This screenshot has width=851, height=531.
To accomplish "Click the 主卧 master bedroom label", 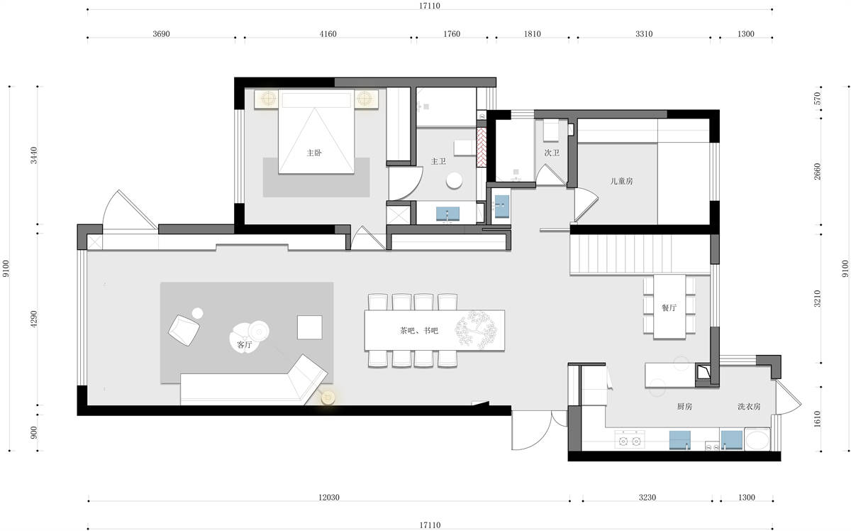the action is tap(314, 153).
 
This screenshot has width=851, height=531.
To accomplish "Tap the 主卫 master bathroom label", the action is tap(438, 161).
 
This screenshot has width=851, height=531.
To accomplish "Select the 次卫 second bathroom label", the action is tap(552, 153).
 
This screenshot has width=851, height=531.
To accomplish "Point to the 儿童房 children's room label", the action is tap(621, 181).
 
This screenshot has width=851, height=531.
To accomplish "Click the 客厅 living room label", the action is tap(244, 345).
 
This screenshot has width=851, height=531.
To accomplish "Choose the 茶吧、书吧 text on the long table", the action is tap(419, 331).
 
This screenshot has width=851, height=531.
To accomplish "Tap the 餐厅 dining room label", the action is tap(669, 307).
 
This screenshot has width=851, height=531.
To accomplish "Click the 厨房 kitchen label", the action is tap(684, 406).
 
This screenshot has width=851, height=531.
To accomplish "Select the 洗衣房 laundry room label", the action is tap(749, 406).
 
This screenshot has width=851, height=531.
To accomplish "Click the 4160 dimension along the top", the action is tap(328, 34).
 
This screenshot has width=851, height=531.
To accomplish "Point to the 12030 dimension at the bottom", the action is tap(329, 497).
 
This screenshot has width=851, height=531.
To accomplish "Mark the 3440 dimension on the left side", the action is tap(34, 155).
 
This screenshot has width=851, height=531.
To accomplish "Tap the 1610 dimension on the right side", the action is tap(817, 419).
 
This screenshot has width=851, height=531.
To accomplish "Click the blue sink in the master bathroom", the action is tap(447, 214).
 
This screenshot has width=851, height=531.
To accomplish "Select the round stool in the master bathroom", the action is tap(454, 181).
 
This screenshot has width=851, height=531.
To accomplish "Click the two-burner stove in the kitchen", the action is tap(630, 439).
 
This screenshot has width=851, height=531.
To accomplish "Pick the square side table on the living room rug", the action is tap(310, 327).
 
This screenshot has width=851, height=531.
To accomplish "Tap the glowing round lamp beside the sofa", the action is tap(328, 398).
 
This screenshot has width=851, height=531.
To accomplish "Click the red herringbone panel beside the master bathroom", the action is tap(482, 147).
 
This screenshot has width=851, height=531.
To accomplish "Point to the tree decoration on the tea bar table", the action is tap(476, 330).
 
